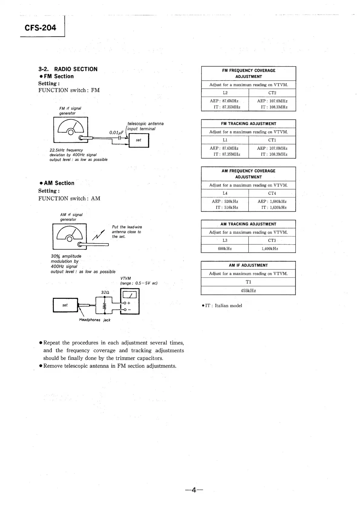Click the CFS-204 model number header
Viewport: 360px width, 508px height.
tap(41, 28)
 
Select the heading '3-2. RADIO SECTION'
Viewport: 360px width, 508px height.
tap(68, 69)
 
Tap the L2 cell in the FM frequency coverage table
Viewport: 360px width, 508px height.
tap(225, 93)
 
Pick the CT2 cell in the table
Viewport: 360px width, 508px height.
tap(272, 93)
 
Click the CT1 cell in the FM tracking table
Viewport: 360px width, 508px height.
tap(272, 140)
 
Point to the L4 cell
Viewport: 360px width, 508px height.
tap(225, 193)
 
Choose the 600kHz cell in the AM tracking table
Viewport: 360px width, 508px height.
tap(225, 249)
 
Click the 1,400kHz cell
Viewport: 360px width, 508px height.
tap(270, 249)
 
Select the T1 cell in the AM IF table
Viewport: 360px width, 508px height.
tap(248, 282)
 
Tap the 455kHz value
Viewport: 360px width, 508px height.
tap(248, 291)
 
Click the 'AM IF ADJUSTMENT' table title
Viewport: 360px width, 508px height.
tap(248, 265)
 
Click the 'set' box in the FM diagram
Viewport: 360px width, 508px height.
tap(139, 140)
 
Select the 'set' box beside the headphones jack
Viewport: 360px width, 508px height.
tap(65, 305)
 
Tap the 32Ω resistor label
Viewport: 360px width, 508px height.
tap(105, 292)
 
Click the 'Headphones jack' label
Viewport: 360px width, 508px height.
tap(95, 320)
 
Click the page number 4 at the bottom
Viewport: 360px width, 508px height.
tap(194, 490)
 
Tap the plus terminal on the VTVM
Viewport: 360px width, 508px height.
tap(125, 303)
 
